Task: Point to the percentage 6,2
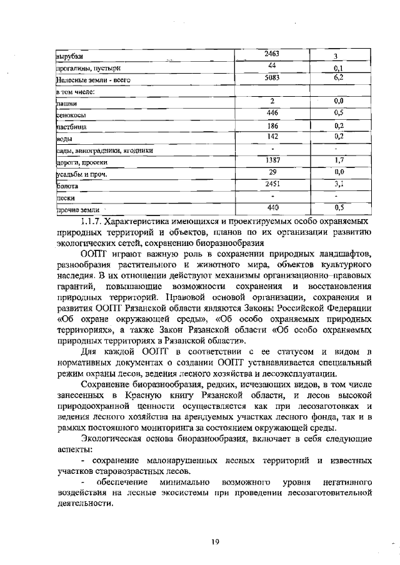tap(339, 78)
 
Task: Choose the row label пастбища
tap(71, 127)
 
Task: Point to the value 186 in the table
tap(272, 125)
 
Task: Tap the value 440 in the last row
tap(272, 207)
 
